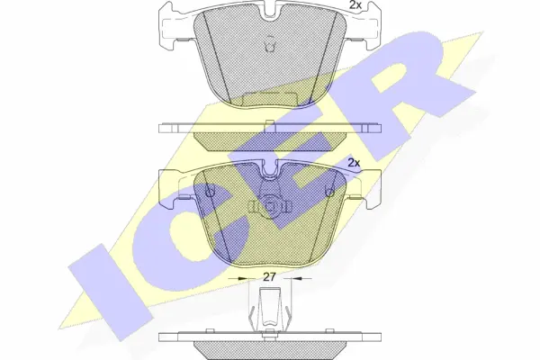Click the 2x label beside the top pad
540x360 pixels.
(x=355, y=4)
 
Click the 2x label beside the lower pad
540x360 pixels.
(x=354, y=163)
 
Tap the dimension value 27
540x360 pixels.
(x=270, y=277)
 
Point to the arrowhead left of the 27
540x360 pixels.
(x=243, y=278)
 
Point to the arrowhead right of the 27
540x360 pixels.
(x=296, y=278)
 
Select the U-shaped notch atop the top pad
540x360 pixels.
(x=270, y=10)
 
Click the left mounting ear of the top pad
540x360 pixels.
(x=175, y=26)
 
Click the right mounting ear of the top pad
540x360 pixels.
(x=364, y=26)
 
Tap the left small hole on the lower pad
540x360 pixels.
(x=210, y=190)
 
